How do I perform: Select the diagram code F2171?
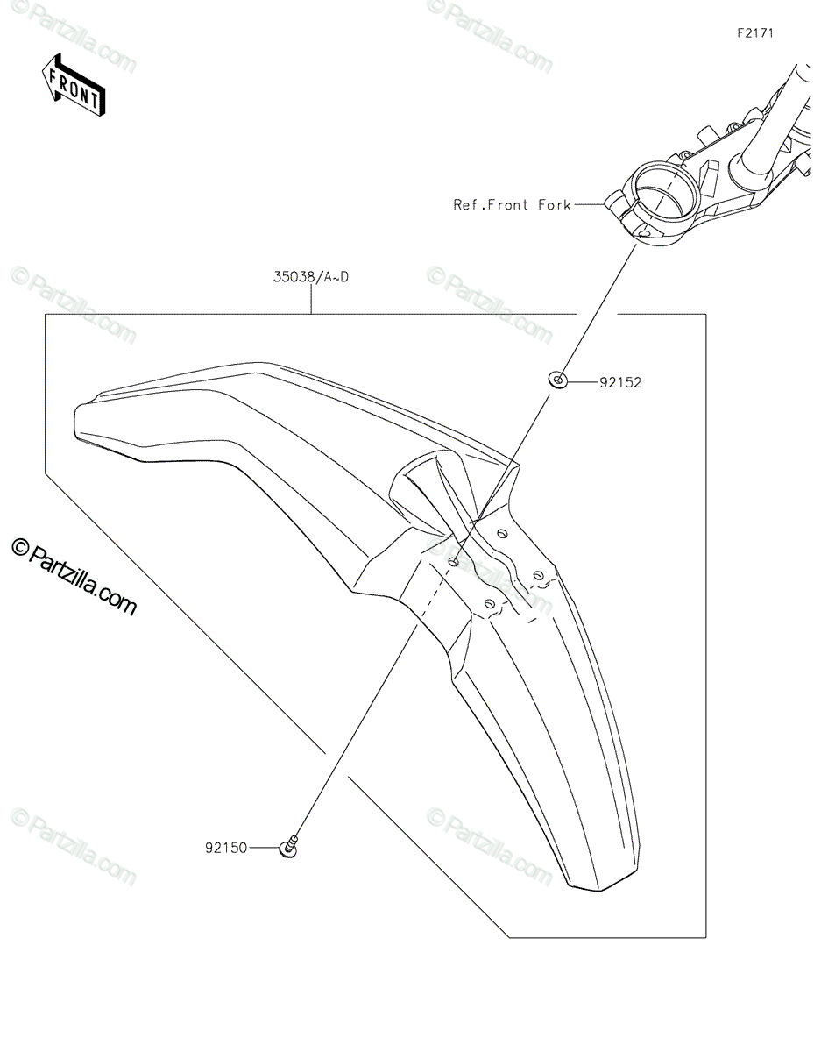coord(755,32)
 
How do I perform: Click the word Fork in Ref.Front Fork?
coord(555,205)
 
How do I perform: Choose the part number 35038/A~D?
coord(311,278)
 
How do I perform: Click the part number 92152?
coord(621,382)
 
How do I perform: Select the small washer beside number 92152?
coord(558,380)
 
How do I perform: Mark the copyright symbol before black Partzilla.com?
coord(19,548)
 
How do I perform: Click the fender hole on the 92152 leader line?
coord(453,560)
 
